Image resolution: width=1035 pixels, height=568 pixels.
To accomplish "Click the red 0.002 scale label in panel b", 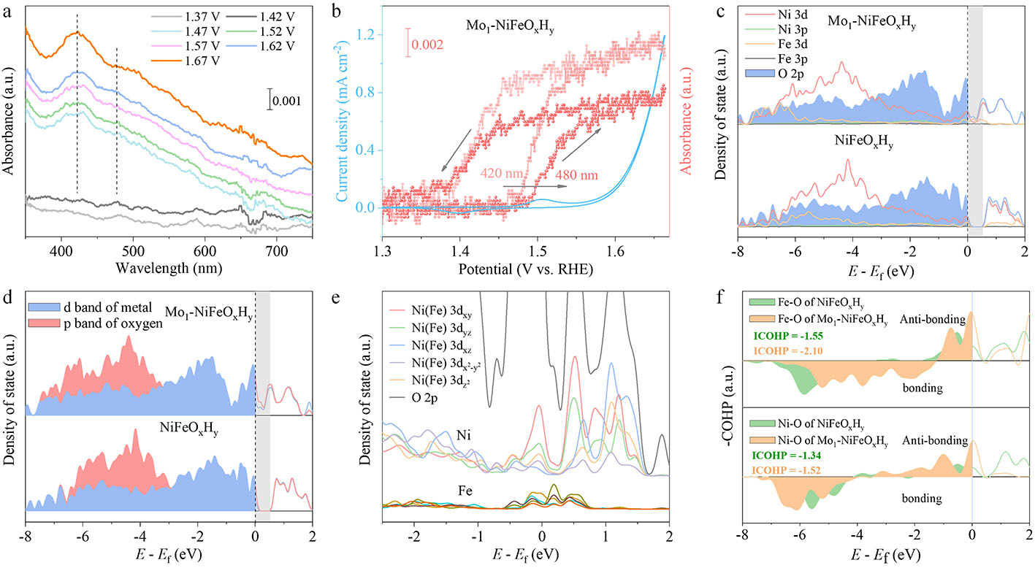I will pyautogui.click(x=428, y=45).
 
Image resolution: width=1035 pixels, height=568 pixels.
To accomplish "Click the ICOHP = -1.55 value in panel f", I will pyautogui.click(x=788, y=337).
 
